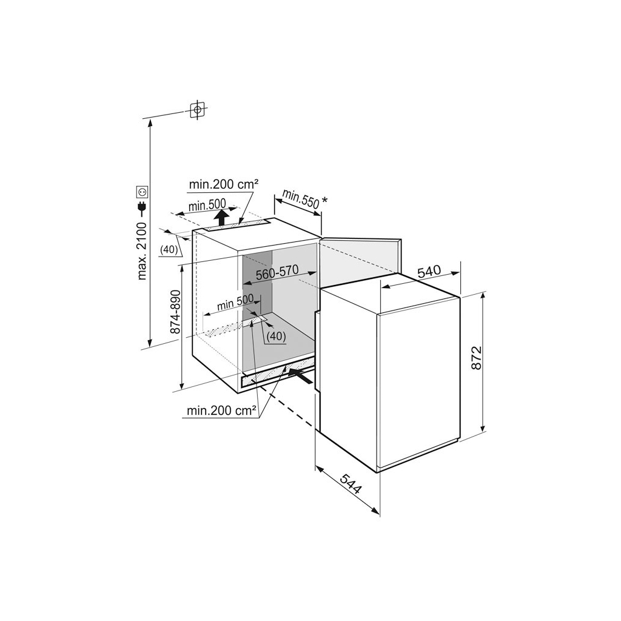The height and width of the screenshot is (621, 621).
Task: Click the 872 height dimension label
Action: [477, 358]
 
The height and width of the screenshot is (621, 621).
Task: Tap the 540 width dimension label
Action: [429, 272]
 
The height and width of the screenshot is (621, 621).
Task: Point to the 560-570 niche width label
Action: [277, 273]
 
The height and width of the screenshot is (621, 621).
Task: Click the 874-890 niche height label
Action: [175, 312]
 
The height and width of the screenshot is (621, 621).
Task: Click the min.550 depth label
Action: [301, 198]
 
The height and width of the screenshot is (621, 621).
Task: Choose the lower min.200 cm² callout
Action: [221, 411]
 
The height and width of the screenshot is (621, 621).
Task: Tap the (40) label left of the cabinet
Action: [169, 249]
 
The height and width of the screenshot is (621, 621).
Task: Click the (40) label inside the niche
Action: [276, 336]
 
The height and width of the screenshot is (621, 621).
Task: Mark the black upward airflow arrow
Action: [223, 218]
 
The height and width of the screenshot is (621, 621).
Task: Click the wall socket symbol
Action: [142, 192]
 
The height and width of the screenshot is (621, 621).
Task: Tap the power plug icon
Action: [142, 209]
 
